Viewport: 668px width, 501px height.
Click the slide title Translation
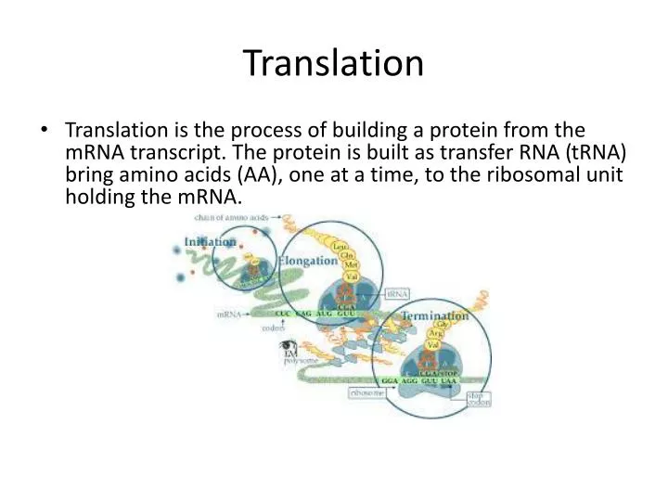click(x=334, y=64)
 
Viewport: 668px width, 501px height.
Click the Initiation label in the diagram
click(x=211, y=242)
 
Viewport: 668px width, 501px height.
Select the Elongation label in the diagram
click(x=308, y=261)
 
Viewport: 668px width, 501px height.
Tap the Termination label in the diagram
click(x=433, y=315)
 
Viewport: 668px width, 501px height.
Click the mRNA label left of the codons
click(x=228, y=315)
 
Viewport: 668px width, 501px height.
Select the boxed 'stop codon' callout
click(x=479, y=399)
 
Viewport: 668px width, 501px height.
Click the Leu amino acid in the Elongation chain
click(x=353, y=246)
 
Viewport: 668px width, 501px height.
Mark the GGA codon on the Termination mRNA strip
click(x=391, y=381)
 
